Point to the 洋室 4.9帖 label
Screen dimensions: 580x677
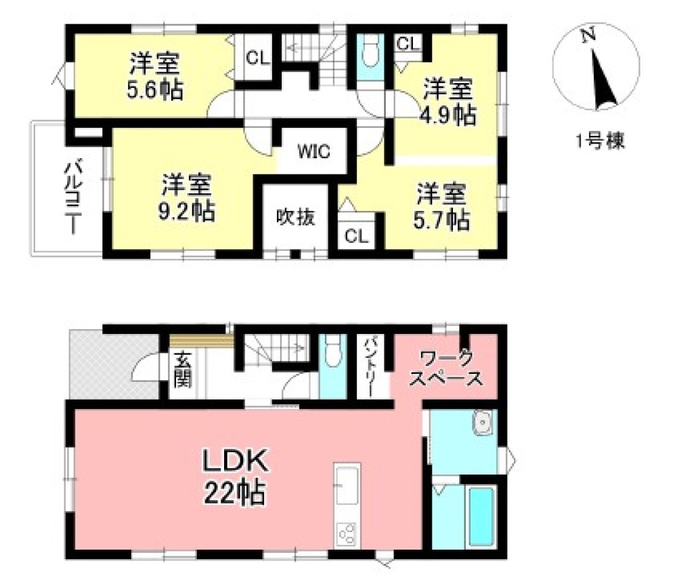[449, 101]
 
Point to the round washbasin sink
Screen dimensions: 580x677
[485, 423]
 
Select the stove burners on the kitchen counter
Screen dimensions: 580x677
[347, 534]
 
